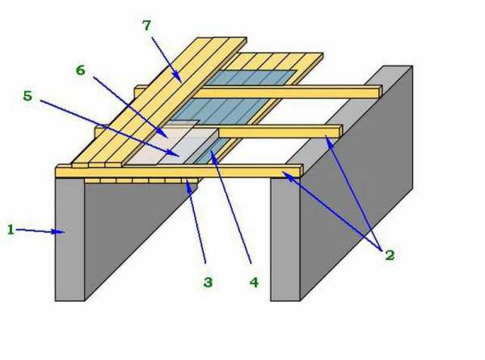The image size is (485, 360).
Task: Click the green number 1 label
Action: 11,230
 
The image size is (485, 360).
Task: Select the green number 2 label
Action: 389,255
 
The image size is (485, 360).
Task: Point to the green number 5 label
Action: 27,95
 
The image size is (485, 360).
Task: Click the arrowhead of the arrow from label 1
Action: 64,233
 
